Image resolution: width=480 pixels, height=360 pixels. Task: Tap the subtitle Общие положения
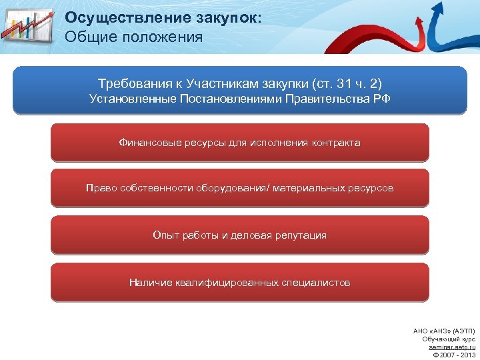[x=134, y=37]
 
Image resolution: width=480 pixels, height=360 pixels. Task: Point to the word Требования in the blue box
[x=131, y=85]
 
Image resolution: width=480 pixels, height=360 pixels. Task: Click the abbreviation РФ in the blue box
[x=381, y=99]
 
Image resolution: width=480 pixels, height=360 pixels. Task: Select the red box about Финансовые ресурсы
[x=240, y=143]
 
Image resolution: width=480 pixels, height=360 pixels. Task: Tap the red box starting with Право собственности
[x=240, y=188]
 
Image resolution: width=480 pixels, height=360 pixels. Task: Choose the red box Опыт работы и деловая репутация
[x=240, y=235]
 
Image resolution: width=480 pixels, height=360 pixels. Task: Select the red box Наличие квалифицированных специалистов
[x=240, y=283]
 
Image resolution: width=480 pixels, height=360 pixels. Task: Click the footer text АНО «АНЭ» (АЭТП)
[x=445, y=331]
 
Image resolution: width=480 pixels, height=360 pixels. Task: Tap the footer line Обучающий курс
[x=449, y=339]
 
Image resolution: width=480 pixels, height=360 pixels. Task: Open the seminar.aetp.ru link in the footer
[x=452, y=347]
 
